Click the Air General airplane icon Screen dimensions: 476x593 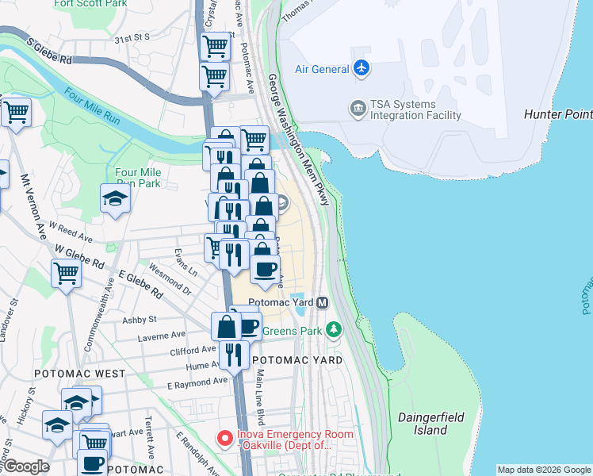(362, 68)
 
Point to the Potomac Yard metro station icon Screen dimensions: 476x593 (323, 302)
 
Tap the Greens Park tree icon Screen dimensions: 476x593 (334, 329)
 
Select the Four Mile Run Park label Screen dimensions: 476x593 (138, 178)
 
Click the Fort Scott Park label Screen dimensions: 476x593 (90, 4)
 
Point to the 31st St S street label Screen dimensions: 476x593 (132, 37)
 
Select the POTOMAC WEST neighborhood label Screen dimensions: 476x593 (79, 373)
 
